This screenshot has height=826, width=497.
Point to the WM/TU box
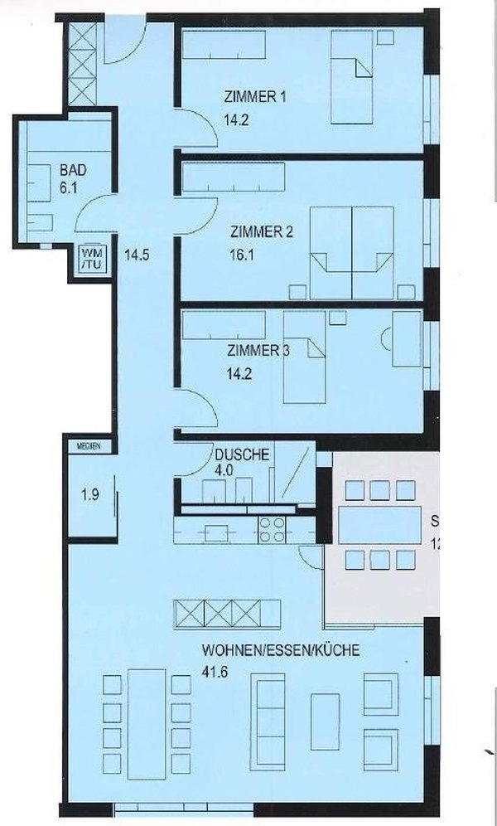[x=88, y=259]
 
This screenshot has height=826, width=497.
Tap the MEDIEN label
[x=89, y=446]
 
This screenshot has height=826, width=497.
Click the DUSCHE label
[x=241, y=454]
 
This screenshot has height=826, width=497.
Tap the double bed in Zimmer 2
[x=350, y=252]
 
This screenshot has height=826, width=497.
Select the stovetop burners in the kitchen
[x=273, y=528]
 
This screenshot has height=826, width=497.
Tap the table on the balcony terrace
[x=379, y=525]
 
